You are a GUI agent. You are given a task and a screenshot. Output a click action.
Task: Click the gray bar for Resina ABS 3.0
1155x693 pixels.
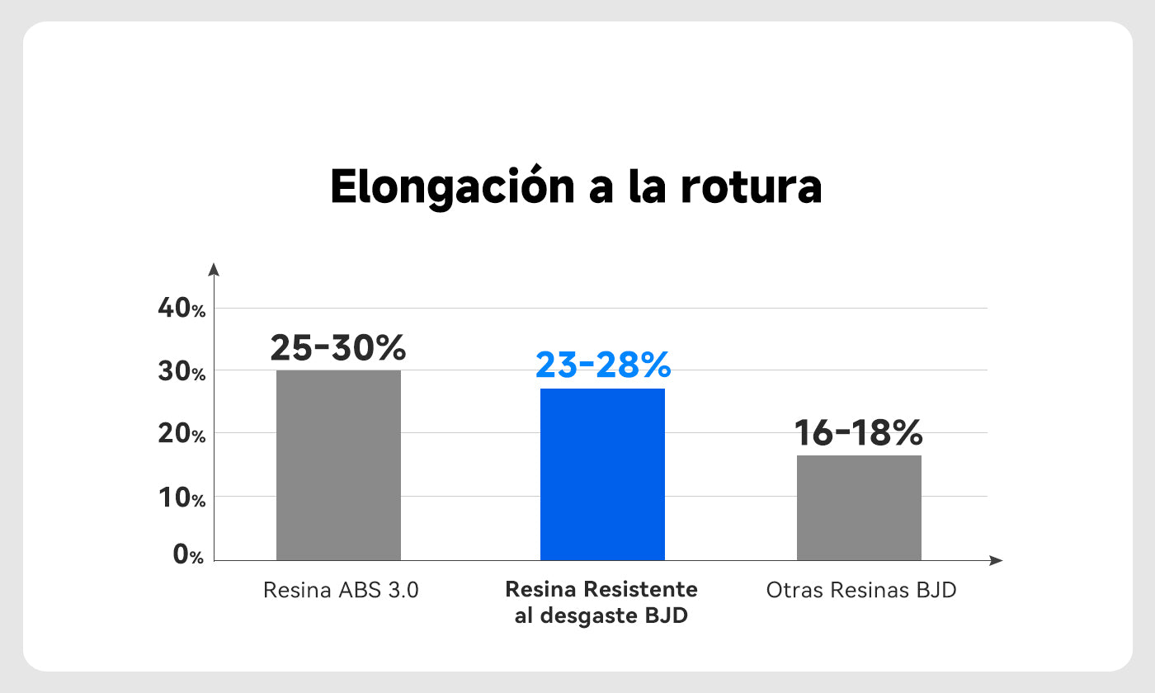coord(338,465)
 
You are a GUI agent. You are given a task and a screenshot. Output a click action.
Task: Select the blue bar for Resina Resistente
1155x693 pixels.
coord(602,474)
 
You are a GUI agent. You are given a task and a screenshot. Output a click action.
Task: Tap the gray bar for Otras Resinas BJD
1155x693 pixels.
coord(859,507)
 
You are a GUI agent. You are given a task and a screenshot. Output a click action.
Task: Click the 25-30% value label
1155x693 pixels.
coord(338,348)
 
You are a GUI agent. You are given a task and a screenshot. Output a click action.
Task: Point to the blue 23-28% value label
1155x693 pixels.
coord(603,365)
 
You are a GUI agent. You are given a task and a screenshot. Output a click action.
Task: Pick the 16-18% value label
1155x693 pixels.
coord(858,432)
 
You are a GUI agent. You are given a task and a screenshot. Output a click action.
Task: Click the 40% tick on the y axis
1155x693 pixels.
coord(181,309)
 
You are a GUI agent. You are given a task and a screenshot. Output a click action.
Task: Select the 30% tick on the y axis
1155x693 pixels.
coord(181,372)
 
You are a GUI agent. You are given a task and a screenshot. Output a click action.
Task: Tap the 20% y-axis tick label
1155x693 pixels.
coord(181,433)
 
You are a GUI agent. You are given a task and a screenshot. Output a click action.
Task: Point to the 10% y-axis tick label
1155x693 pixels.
coord(181,497)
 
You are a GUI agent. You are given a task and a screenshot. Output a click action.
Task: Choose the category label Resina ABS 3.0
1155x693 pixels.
coord(341,591)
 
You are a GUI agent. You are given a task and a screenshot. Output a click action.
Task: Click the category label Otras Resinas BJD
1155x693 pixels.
coord(861,591)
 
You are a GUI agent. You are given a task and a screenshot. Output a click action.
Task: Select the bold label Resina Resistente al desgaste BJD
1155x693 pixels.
coord(601,603)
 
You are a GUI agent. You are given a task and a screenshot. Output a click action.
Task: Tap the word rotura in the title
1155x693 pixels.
coord(751,188)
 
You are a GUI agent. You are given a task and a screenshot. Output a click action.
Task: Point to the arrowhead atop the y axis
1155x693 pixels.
coord(214,269)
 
